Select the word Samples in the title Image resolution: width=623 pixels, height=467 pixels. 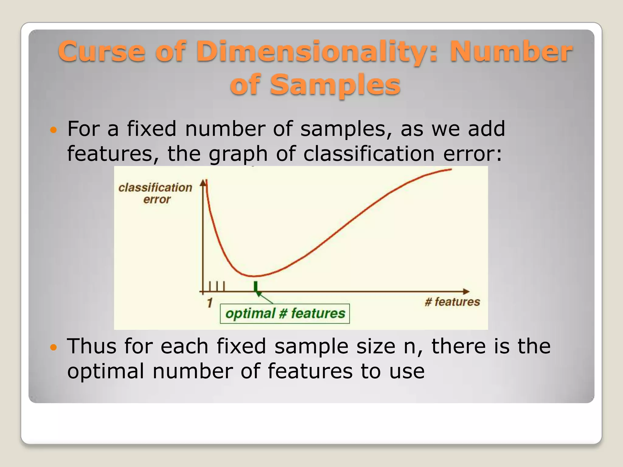click(335, 85)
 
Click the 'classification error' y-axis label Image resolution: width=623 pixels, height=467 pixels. click(155, 193)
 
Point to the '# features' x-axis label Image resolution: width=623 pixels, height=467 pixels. click(452, 302)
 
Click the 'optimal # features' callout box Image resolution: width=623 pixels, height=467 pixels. click(285, 313)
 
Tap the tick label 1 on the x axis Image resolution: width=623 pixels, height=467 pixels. click(210, 303)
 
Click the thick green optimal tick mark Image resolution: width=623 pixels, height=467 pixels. click(256, 287)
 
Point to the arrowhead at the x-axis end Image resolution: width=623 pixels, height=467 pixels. click(466, 292)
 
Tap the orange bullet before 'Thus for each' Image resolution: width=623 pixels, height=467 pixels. click(53, 347)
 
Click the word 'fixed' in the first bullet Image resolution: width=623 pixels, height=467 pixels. click(151, 129)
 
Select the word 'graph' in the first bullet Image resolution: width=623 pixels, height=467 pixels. click(238, 154)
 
